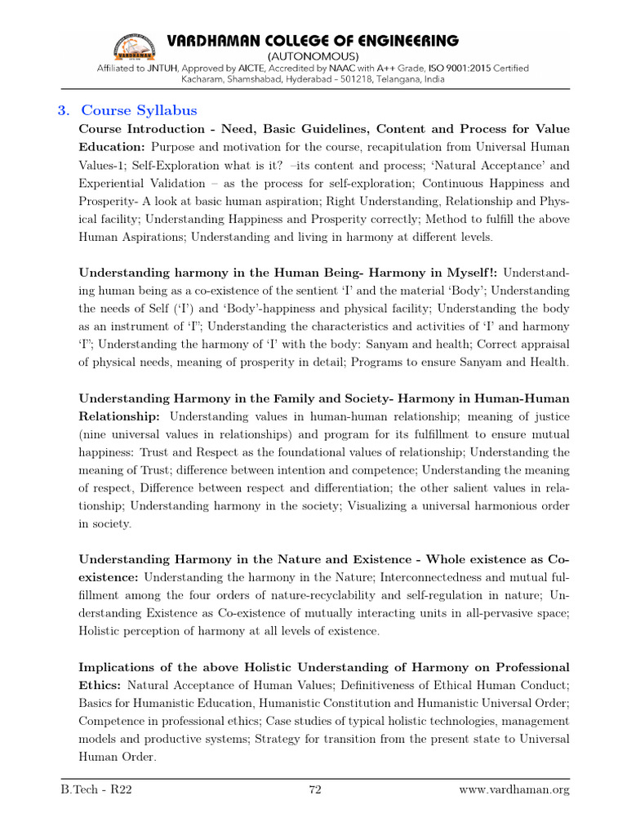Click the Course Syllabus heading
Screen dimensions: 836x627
(139, 110)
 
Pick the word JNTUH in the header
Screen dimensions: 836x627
(229, 71)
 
